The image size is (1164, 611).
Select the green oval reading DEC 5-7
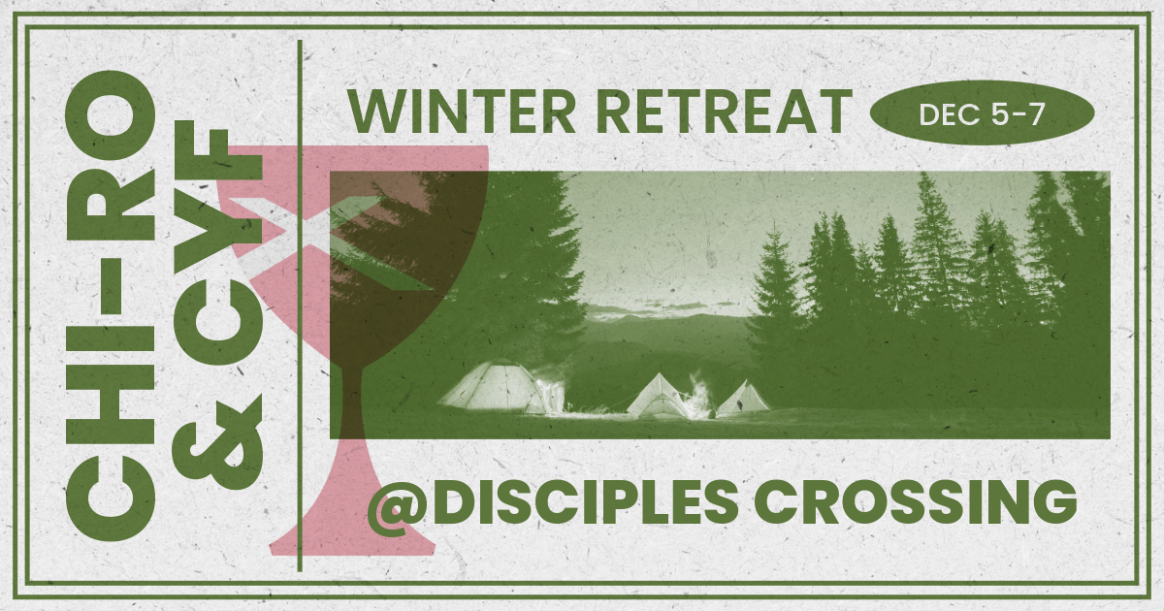pyautogui.click(x=983, y=114)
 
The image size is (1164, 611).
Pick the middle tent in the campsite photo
pyautogui.click(x=662, y=396)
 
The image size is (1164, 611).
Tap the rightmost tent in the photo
pyautogui.click(x=745, y=398)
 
